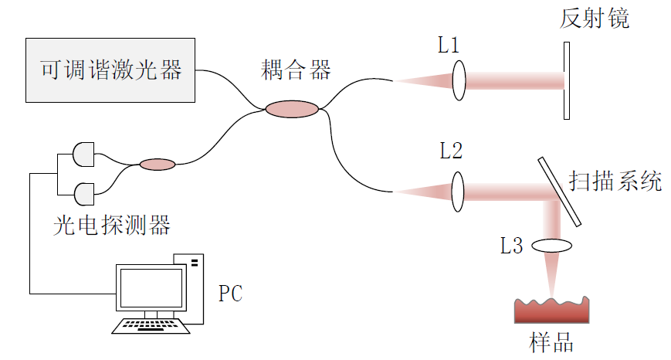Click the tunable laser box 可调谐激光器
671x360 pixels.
(110, 70)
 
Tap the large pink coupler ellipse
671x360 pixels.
(292, 110)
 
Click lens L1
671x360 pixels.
(459, 81)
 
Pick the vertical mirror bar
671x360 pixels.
(567, 81)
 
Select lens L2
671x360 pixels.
(458, 192)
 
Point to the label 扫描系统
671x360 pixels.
(615, 182)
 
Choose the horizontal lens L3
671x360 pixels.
(551, 246)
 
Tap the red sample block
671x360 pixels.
(552, 311)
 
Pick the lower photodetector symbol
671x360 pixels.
(83, 191)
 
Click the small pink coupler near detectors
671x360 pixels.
(158, 164)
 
